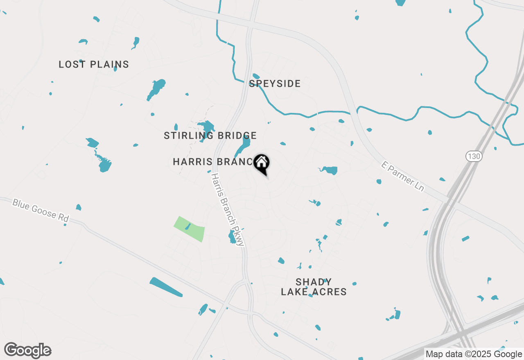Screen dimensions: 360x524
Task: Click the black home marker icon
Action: coord(262,164)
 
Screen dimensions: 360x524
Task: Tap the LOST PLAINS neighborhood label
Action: coord(94,64)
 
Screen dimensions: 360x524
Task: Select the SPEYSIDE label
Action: coord(275,84)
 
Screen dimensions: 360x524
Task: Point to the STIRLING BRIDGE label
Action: coord(210,135)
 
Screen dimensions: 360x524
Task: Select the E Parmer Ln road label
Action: coord(402,177)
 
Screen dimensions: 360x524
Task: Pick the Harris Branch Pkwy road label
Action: coord(228,209)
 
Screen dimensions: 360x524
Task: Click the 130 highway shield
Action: coord(474,156)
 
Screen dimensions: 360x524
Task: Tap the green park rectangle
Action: coord(190,229)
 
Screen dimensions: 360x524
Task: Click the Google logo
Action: coord(28,350)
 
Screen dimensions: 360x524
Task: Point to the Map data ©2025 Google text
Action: coord(474,354)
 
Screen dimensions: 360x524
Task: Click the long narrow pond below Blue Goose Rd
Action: coord(166,287)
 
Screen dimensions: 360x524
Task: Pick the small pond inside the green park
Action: coord(187,226)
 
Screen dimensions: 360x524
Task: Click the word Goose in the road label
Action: coord(45,211)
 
